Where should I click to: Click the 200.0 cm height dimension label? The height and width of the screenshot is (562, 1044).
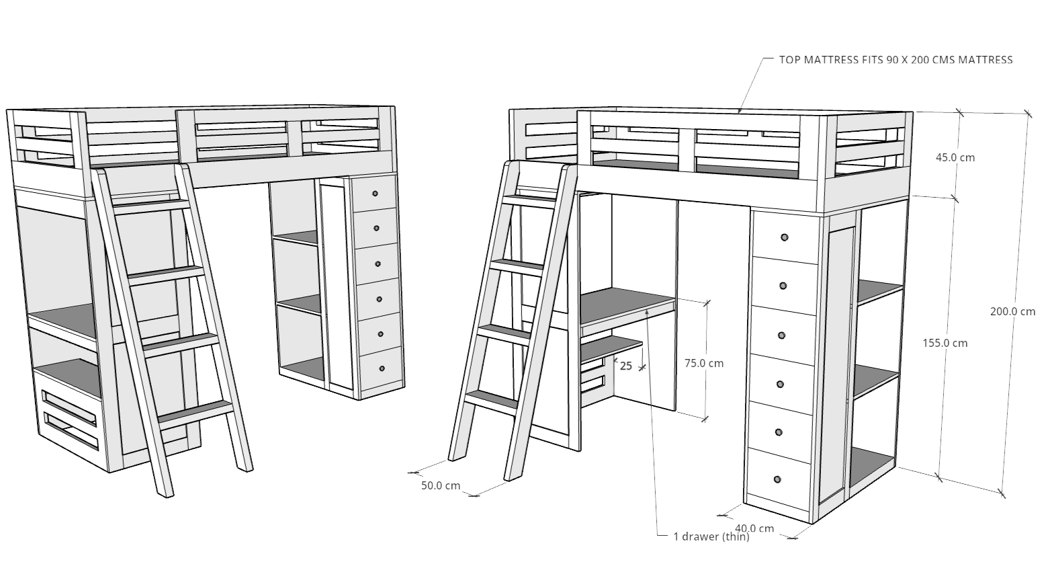coord(1012,311)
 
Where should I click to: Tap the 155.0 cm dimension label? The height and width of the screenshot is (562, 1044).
coord(945,344)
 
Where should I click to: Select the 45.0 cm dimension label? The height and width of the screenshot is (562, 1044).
coord(955,157)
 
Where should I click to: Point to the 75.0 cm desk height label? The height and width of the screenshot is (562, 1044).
coord(704,363)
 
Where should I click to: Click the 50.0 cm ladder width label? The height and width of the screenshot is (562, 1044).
coord(441,485)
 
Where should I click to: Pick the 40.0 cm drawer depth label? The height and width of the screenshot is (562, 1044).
coord(754,528)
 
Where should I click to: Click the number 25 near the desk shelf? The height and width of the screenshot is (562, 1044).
coord(626,366)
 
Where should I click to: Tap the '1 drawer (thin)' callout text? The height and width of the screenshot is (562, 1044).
coord(711,537)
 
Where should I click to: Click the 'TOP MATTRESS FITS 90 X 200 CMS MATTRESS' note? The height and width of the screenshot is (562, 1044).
coord(896,60)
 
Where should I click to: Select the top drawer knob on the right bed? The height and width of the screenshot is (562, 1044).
coord(785,237)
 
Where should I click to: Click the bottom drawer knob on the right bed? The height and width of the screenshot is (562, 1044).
coord(777,479)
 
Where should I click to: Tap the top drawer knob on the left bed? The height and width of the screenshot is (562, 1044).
coord(375,194)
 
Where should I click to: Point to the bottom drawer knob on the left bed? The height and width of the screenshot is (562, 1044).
coord(382,368)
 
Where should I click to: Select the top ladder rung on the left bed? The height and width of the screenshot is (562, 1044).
coord(151,206)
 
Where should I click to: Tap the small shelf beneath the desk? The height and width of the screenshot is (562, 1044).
coord(611,348)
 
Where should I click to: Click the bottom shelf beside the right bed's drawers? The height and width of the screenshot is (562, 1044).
coord(871,468)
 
